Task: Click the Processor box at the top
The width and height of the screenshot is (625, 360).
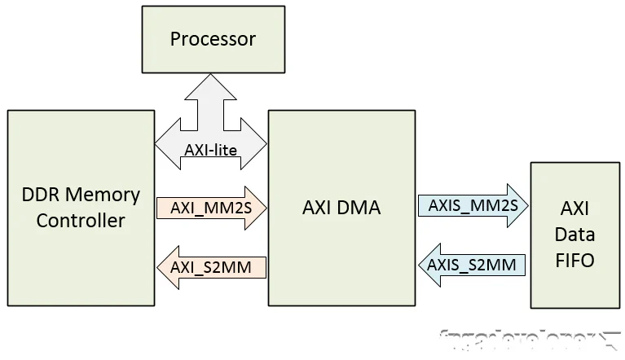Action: (213, 39)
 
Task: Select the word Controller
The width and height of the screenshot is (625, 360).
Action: (81, 221)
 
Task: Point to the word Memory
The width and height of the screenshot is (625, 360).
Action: (103, 195)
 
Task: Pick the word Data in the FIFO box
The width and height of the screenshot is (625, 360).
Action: (574, 235)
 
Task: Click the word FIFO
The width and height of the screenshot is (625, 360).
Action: (574, 261)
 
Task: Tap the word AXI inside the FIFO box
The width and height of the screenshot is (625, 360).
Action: (574, 208)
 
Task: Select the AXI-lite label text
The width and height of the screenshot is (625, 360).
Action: (210, 150)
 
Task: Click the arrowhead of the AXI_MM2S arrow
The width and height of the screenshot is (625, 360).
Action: (257, 207)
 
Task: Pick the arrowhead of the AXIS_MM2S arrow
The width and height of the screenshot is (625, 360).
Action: (522, 205)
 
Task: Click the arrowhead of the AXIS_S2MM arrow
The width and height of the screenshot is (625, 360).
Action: (429, 263)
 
